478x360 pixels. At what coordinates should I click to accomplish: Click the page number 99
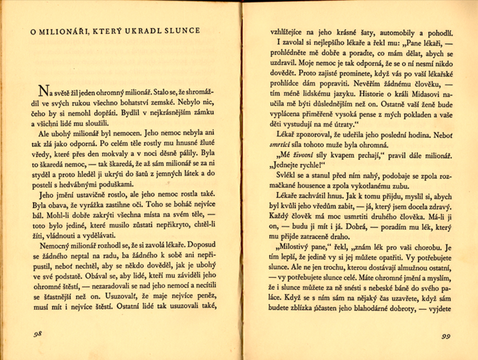point(445,336)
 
